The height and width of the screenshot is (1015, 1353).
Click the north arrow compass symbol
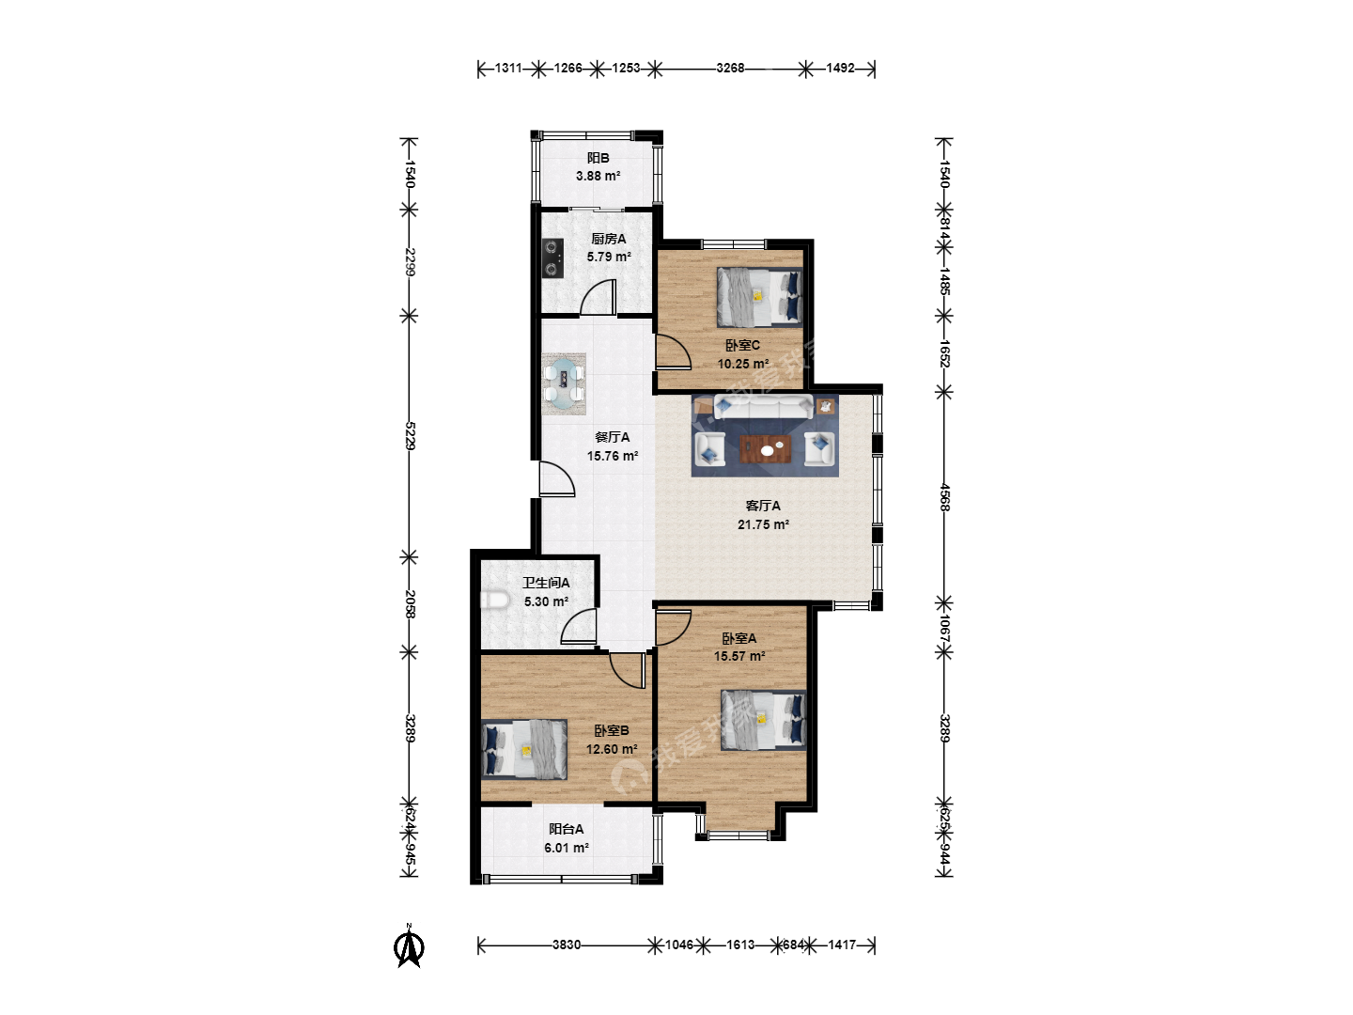408,946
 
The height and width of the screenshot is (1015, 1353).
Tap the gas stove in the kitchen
552,258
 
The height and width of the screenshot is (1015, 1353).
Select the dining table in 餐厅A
564,384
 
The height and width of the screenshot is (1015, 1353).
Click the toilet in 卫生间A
494,600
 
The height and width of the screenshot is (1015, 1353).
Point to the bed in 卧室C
759,296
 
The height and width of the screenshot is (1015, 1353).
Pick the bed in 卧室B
524,749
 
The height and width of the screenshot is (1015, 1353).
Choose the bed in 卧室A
763,720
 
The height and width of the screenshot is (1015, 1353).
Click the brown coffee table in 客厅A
766,449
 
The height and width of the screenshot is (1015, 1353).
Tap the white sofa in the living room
763,408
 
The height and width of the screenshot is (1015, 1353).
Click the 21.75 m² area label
763,524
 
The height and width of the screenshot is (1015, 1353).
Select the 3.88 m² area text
598,176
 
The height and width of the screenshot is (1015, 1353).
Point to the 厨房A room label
609,239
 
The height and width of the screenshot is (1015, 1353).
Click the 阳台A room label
566,829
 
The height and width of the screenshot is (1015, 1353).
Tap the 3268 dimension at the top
730,68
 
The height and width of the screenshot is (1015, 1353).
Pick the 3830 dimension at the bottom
566,945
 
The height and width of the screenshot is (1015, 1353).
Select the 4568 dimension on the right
944,497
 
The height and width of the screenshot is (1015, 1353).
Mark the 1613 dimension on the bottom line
739,945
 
